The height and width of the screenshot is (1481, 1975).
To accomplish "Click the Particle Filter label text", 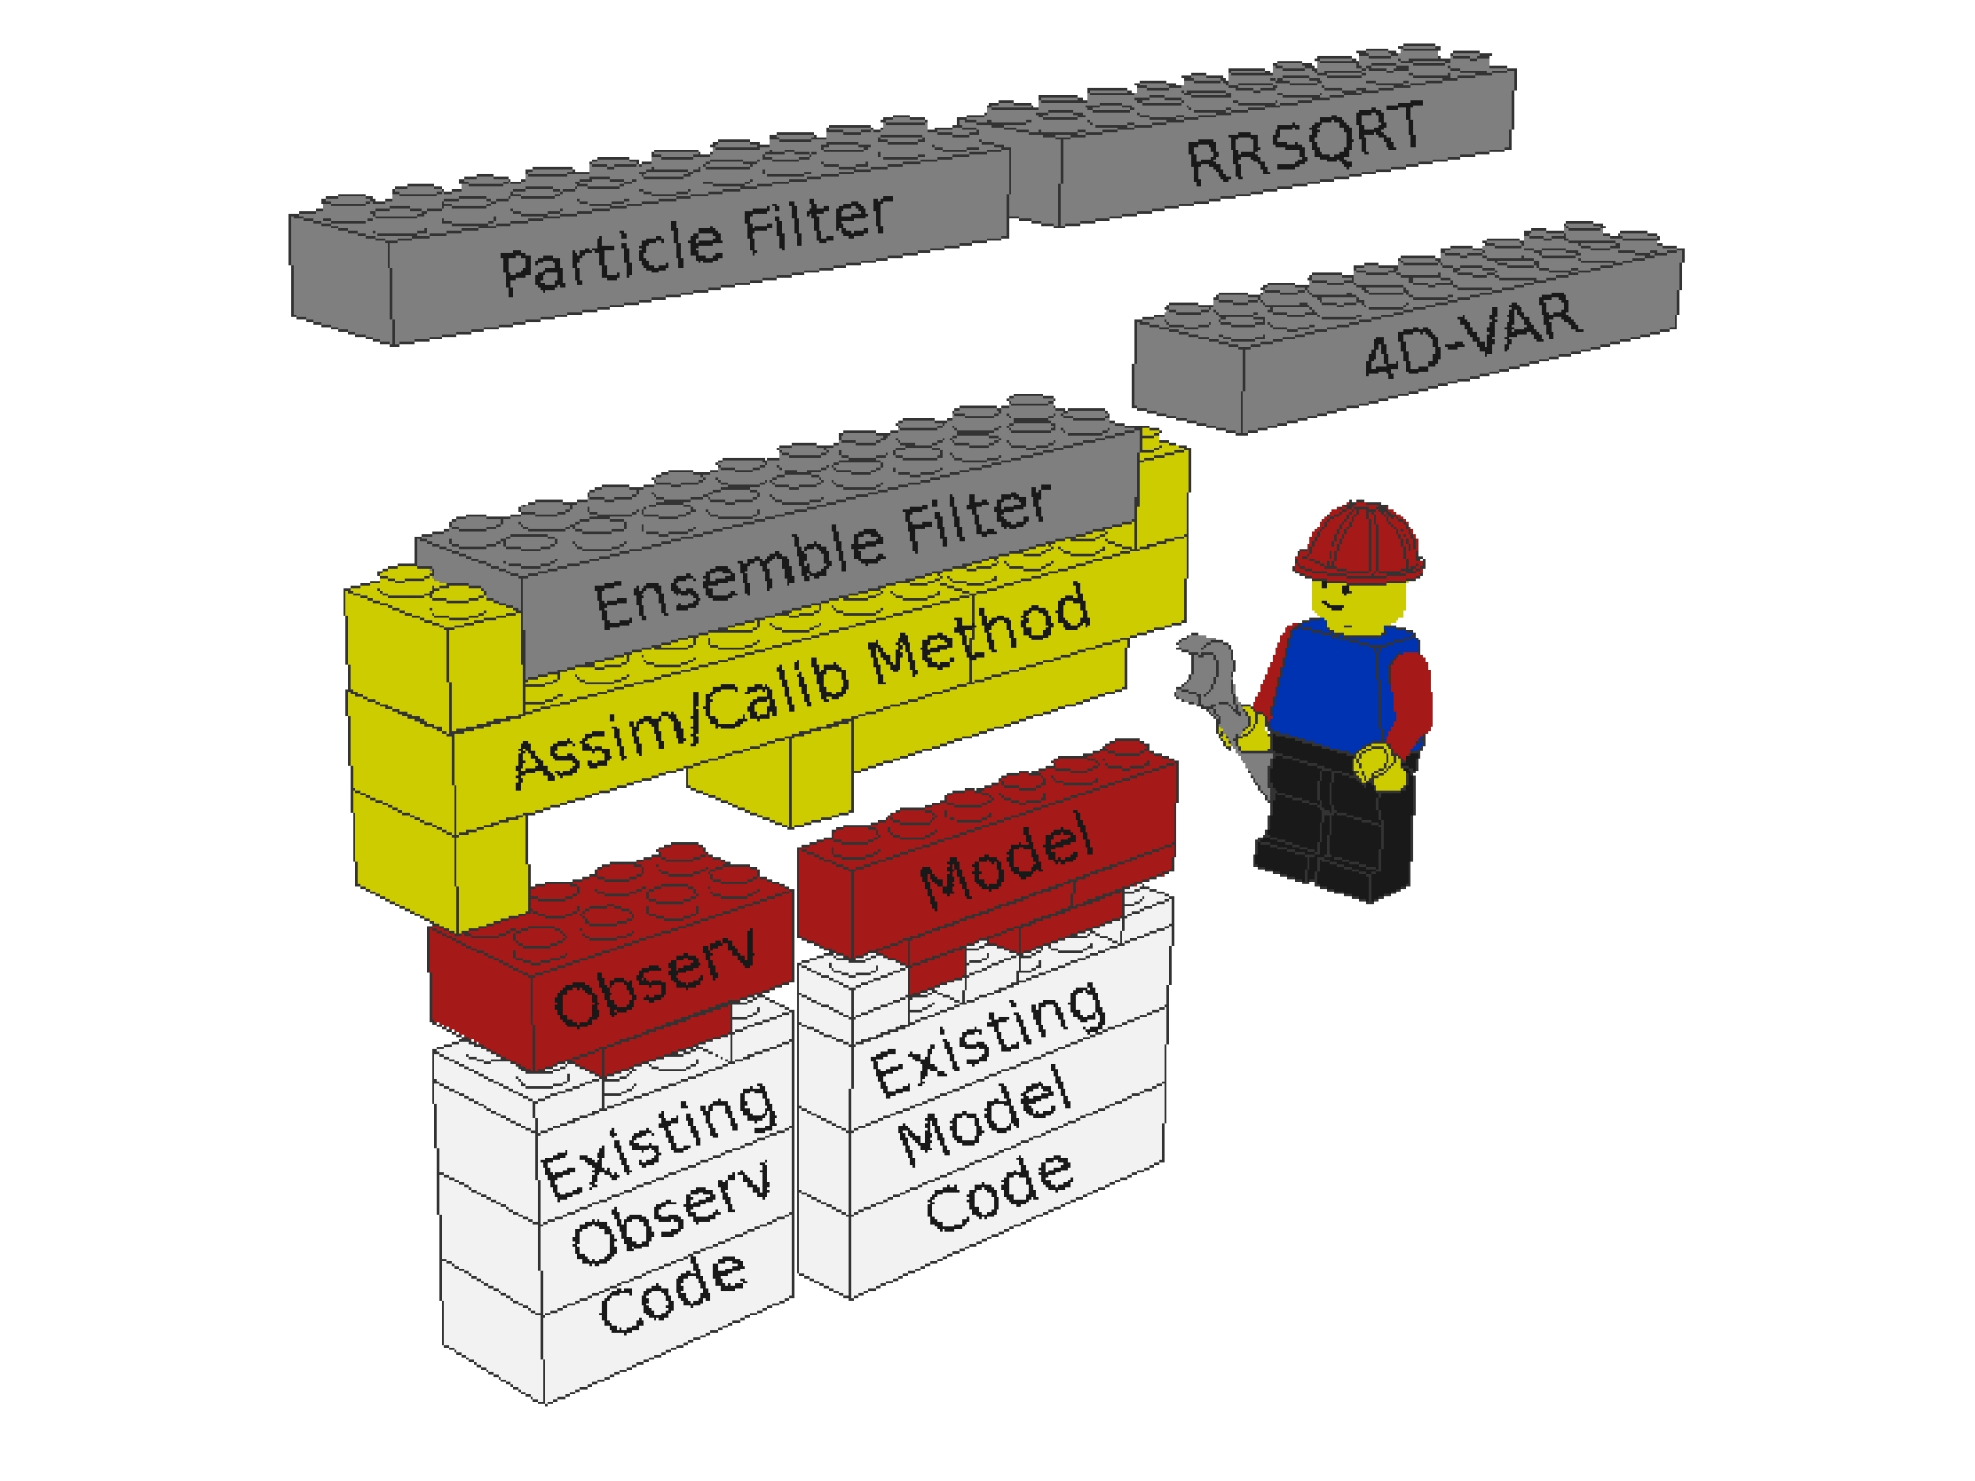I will click(x=696, y=243).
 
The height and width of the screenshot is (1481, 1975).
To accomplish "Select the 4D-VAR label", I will click(x=1473, y=334).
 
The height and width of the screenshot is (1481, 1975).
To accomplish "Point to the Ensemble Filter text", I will click(x=822, y=555).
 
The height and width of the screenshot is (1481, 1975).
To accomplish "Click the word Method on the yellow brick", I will click(x=979, y=636).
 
